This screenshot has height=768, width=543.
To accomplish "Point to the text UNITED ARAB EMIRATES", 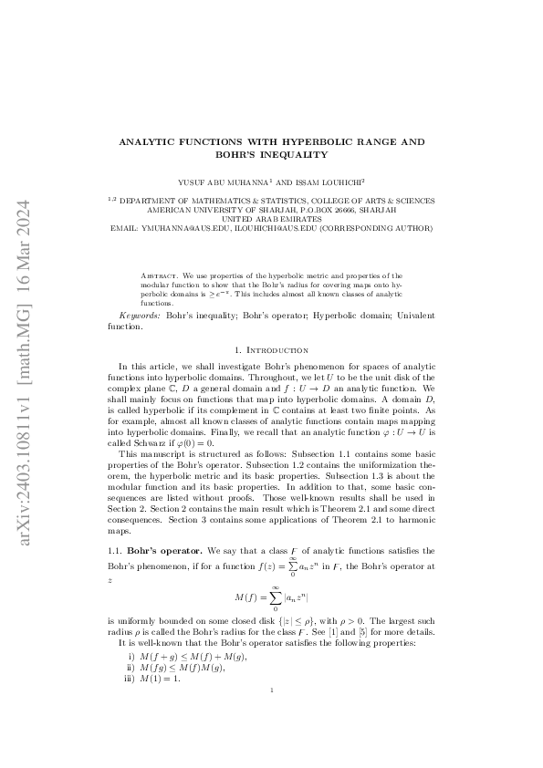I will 271,219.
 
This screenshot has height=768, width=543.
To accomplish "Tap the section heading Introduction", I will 277,350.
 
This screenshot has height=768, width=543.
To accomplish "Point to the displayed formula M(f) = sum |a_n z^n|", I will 271,597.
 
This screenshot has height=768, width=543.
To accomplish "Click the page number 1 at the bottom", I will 272,716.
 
